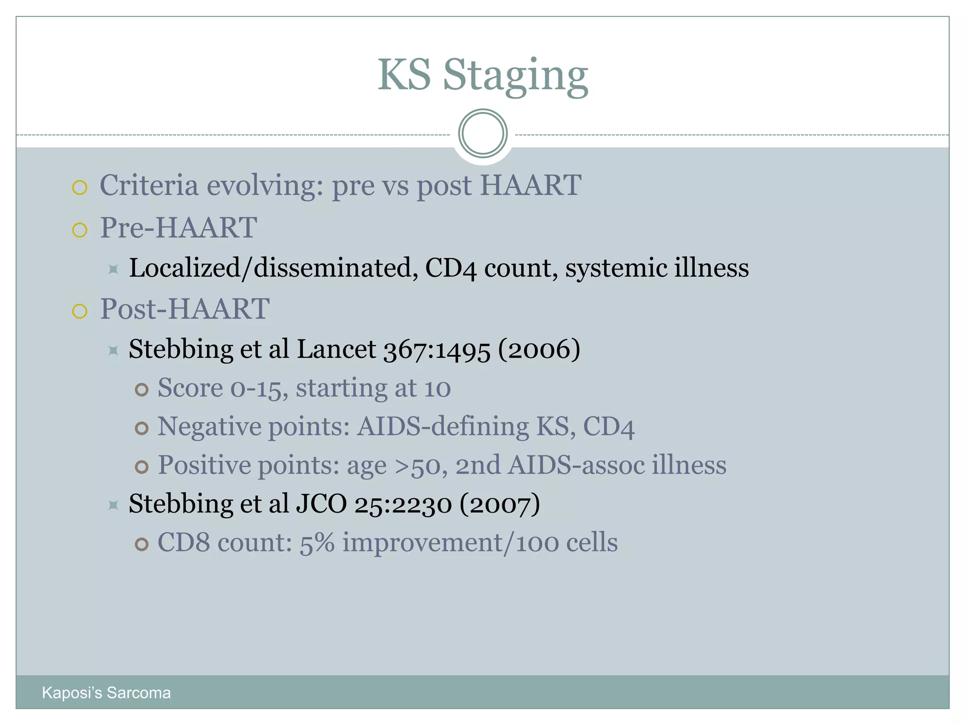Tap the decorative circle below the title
(483, 133)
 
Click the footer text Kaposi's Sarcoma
(106, 692)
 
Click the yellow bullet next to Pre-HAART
(80, 230)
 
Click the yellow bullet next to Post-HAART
(80, 312)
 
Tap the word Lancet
(336, 349)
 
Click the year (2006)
(539, 349)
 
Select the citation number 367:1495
(437, 350)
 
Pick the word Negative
(209, 427)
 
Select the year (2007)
(500, 504)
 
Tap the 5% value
(317, 543)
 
